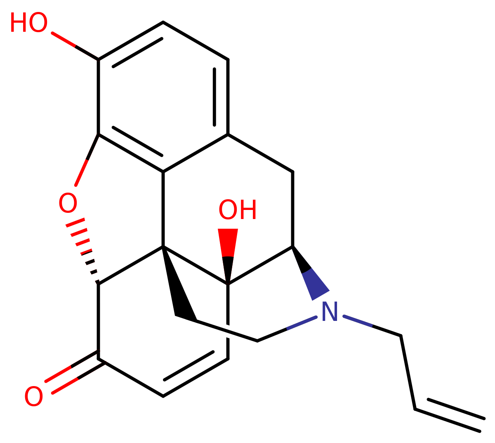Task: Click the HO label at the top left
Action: (28, 23)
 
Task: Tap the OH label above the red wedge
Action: (237, 210)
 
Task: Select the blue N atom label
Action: (330, 311)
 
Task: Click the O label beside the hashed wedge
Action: (68, 203)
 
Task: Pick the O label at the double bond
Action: (33, 396)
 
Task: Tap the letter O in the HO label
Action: (38, 23)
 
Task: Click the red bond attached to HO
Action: (64, 40)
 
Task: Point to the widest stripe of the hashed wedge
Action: (75, 223)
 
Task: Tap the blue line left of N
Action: (302, 323)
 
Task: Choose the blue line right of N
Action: (358, 321)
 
